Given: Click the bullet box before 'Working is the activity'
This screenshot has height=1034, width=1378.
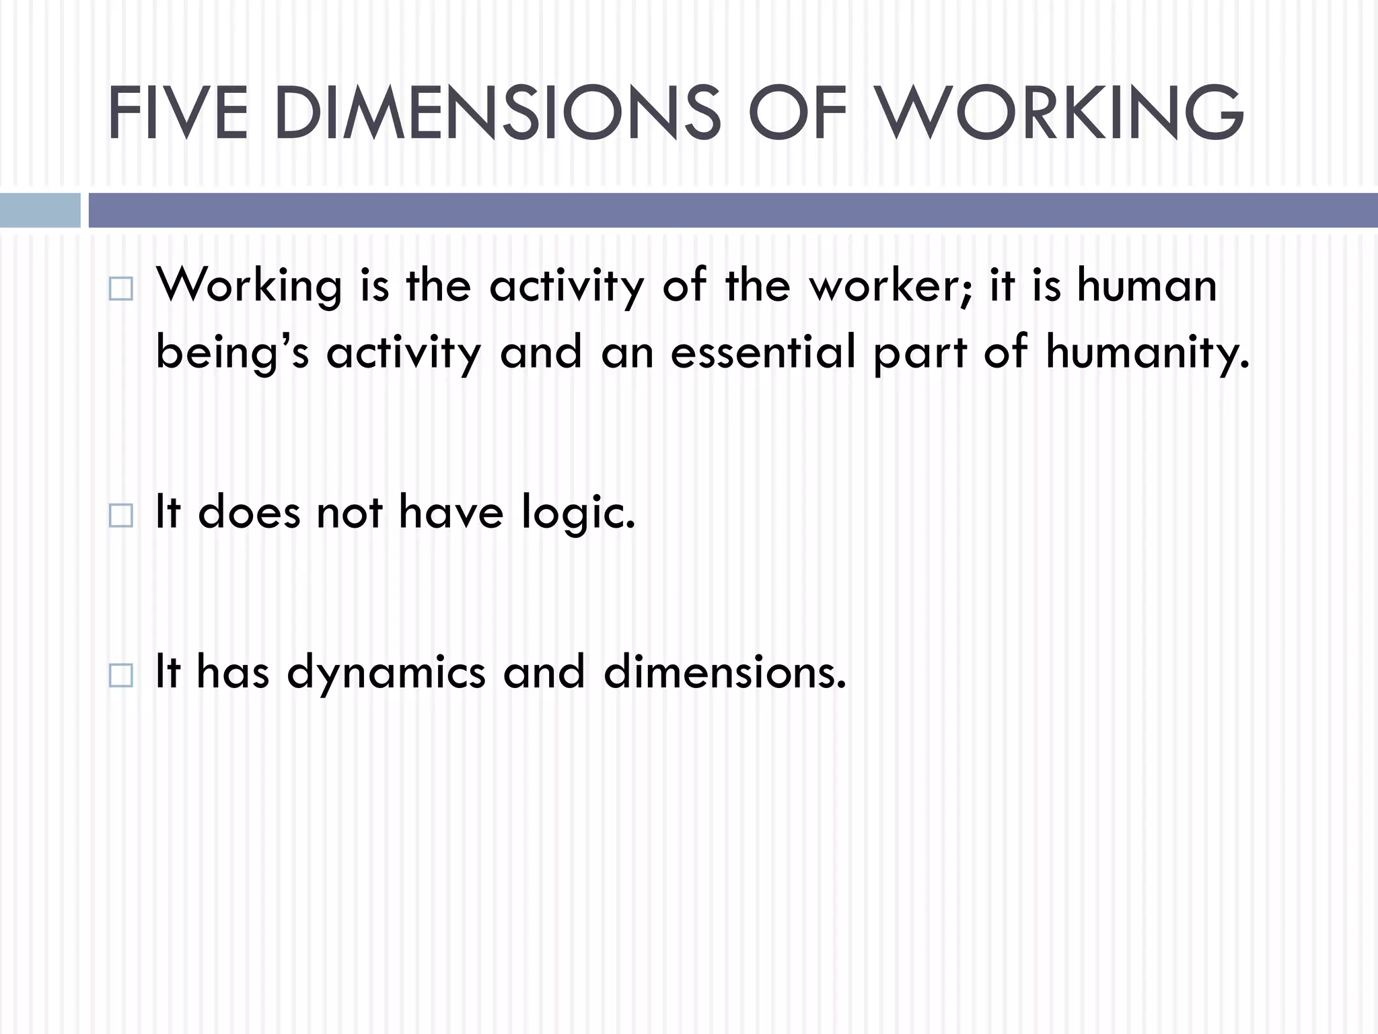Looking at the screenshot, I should pos(120,289).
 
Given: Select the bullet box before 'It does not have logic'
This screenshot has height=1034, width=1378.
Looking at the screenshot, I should pos(120,516).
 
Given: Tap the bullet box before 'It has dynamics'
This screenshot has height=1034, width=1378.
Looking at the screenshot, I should pos(120,675).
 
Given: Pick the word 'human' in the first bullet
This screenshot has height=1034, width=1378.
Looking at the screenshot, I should pos(1147,285).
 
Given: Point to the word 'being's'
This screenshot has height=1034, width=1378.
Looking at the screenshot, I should pos(232,353).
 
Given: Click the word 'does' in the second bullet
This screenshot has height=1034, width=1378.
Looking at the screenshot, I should pos(249,512).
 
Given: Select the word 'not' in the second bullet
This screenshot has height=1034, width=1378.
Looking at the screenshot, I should pos(349,512).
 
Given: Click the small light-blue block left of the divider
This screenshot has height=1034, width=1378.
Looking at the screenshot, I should pos(40,210).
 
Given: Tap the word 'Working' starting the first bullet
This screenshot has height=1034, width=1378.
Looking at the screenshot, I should pos(249,287).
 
